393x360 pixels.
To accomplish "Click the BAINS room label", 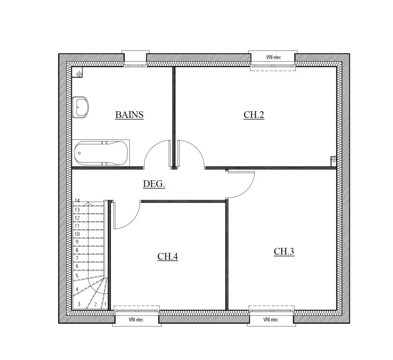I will tap(129, 115).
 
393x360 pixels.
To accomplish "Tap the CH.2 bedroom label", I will tap(254, 115).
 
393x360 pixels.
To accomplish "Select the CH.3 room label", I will tap(284, 252).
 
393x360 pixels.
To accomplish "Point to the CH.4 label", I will tap(168, 257).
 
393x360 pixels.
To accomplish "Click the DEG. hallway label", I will tap(154, 184).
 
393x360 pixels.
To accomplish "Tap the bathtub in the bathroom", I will tap(101, 153).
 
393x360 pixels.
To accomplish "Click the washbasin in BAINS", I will tap(81, 107).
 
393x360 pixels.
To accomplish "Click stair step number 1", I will tap(105, 304).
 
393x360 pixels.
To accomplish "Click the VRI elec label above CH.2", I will tap(274, 57).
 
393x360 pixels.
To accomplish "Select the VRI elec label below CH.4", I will tap(136, 320).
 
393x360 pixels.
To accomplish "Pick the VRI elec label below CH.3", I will tap(270, 320).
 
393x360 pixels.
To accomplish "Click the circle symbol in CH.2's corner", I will tap(334, 159).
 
